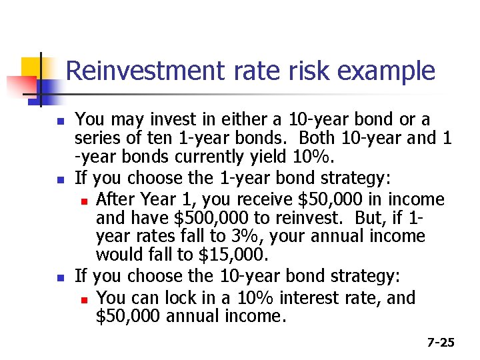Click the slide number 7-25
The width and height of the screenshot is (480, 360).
pos(441,343)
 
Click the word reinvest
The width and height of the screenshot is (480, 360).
pos(294,218)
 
